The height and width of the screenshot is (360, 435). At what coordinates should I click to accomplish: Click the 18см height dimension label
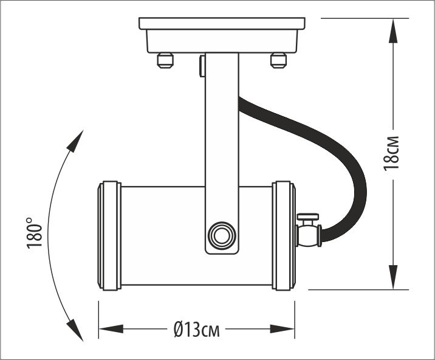[x=393, y=153]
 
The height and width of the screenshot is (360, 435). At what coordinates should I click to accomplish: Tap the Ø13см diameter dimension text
[x=196, y=330]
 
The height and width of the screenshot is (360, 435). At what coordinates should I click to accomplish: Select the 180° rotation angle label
[x=35, y=232]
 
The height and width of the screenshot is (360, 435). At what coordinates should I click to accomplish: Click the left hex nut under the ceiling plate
[x=165, y=60]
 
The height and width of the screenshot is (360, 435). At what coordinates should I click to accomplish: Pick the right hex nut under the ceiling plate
[x=278, y=60]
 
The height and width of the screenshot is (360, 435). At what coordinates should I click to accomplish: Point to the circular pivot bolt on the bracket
[x=221, y=234]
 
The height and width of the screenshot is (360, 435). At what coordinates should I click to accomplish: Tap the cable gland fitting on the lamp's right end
[x=309, y=232]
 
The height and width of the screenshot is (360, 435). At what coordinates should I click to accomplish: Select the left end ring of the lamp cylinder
[x=110, y=235]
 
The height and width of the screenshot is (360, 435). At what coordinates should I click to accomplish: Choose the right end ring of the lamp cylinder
[x=284, y=235]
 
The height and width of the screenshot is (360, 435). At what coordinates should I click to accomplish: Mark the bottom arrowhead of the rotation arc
[x=76, y=331]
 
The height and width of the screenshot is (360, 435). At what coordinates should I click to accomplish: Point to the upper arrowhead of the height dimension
[x=394, y=30]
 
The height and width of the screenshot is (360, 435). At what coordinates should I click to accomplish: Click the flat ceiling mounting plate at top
[x=222, y=24]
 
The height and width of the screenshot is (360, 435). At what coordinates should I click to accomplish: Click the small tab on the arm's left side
[x=202, y=66]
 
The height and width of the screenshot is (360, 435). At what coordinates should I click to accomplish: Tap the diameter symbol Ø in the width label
[x=178, y=330]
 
